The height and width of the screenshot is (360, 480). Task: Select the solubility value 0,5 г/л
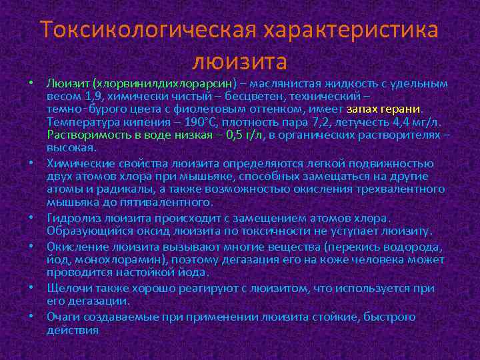[245, 135]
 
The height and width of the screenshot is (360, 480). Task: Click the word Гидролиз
[70, 218]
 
